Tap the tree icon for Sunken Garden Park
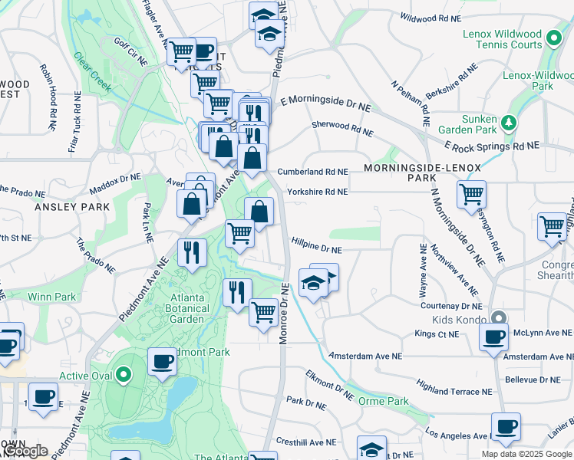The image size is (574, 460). [x=507, y=122]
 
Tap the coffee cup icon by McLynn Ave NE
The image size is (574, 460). [x=493, y=336]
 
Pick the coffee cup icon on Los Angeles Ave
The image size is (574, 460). [x=506, y=426]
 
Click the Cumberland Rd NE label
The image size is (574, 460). [x=312, y=172]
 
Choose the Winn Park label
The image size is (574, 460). [x=51, y=297]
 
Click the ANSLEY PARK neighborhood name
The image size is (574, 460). [x=63, y=207]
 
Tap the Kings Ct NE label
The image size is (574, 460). [x=436, y=334]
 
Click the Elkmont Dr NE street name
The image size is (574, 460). [x=328, y=386]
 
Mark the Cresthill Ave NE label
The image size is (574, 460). [x=305, y=442]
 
